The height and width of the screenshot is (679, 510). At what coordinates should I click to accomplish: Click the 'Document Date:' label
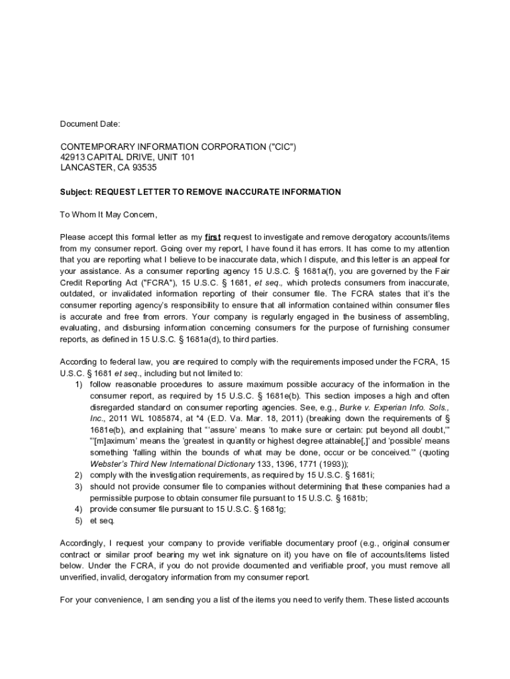90,124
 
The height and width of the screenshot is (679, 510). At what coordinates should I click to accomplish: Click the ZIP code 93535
142,168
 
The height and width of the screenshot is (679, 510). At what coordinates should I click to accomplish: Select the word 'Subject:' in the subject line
76,192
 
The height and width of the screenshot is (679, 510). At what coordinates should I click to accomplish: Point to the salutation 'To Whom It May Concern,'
109,215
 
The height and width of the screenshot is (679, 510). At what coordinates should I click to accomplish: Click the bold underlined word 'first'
213,237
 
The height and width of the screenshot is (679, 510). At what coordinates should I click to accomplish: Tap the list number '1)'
78,385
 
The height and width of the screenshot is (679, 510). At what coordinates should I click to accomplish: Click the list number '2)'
78,475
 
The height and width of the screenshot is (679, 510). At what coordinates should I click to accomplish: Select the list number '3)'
78,487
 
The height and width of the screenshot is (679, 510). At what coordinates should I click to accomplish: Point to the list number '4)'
78,509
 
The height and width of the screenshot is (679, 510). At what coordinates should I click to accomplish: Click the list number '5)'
78,521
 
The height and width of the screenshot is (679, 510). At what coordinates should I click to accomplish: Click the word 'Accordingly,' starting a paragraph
83,543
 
